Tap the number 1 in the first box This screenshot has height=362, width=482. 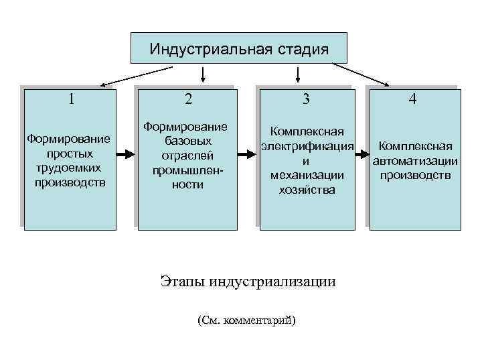pos(71,99)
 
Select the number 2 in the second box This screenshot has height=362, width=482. pos(188,99)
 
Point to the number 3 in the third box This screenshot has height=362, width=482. pos(306,99)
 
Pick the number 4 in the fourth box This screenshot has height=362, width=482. pos(413,99)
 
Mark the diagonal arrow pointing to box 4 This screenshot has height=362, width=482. pos(365,74)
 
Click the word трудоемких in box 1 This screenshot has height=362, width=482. pos(70,167)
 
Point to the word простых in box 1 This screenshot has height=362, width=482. pos(70,153)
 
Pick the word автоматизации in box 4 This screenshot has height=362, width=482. pos(415,161)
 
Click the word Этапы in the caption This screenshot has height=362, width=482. pos(183,280)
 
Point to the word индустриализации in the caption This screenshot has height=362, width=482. pos(272,280)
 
